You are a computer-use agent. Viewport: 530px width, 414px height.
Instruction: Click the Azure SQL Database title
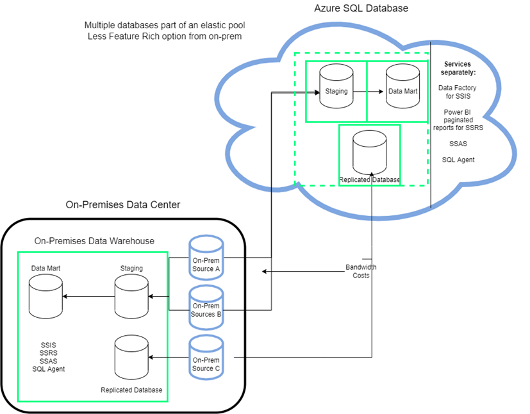click(x=361, y=8)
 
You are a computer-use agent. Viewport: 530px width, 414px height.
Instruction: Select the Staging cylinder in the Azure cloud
click(x=336, y=90)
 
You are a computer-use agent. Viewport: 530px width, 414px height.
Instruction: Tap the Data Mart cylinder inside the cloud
click(x=402, y=90)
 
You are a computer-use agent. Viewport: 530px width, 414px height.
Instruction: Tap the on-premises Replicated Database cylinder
click(x=131, y=359)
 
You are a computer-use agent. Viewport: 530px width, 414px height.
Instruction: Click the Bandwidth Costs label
click(x=361, y=270)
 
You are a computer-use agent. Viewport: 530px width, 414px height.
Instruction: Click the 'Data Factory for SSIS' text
click(x=458, y=91)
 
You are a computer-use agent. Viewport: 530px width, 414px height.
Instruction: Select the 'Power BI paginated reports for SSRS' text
click(x=458, y=120)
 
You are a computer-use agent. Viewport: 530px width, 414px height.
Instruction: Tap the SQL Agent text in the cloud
click(x=458, y=160)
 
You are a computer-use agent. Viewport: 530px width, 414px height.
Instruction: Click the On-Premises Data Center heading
click(x=123, y=205)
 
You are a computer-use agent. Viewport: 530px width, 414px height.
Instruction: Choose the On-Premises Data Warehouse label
click(x=94, y=241)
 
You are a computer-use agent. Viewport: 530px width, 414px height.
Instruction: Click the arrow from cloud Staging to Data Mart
click(x=369, y=91)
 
